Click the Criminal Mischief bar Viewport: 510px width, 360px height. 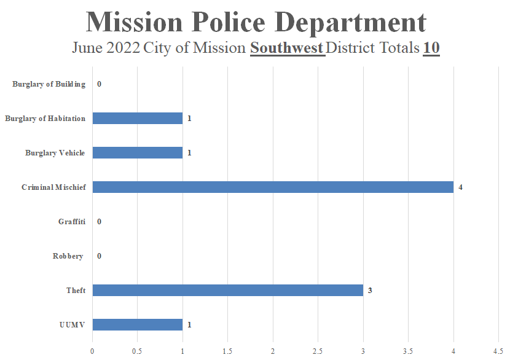tap(273, 187)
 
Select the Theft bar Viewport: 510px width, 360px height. tap(227, 290)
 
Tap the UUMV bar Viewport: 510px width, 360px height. tap(138, 324)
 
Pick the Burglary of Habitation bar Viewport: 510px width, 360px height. tap(138, 118)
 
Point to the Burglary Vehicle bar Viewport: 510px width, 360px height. tap(138, 152)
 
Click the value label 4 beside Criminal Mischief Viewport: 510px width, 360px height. tap(460, 187)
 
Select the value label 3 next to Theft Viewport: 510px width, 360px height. tap(370, 290)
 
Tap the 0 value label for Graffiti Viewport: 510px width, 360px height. tap(99, 221)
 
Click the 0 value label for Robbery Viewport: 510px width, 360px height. tap(99, 256)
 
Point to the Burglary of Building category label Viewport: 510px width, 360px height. tap(49, 84)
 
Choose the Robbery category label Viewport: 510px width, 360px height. tap(68, 256)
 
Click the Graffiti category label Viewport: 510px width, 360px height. tap(72, 222)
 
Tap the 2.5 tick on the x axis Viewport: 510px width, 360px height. tap(318, 351)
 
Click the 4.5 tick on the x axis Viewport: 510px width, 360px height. tap(498, 351)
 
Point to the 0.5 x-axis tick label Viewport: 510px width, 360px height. tap(137, 351)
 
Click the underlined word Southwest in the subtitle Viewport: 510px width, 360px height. tap(287, 47)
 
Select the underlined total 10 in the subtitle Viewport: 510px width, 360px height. tap(431, 47)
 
